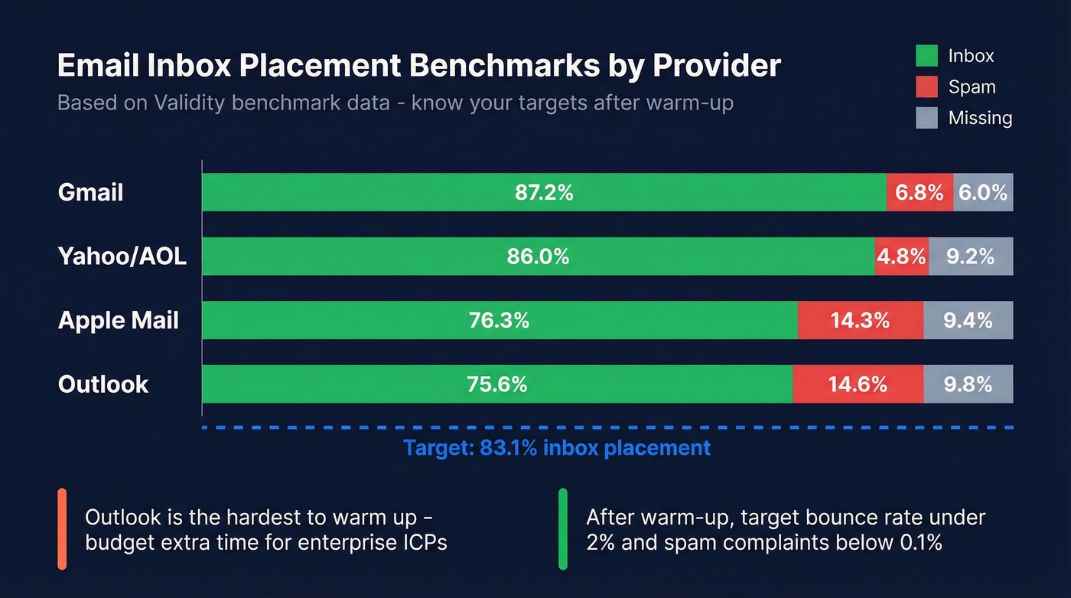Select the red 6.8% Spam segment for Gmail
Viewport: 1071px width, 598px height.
click(920, 192)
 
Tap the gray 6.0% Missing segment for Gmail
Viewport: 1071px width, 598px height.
click(983, 192)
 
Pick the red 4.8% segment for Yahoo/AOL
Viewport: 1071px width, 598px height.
click(901, 257)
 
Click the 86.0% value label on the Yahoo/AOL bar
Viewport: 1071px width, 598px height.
click(538, 257)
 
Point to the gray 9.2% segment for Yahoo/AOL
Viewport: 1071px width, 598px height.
click(970, 257)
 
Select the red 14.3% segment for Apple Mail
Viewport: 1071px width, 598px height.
click(860, 320)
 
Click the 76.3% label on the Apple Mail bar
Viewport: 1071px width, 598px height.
click(499, 320)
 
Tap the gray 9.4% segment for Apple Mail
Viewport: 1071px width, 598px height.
click(968, 320)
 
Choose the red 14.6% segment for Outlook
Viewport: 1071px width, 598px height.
click(858, 384)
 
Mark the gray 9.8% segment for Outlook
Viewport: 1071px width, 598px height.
click(968, 384)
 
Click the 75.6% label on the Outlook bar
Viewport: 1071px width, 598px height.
click(496, 384)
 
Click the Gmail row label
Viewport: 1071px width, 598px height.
click(90, 192)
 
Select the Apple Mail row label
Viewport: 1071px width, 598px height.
click(118, 320)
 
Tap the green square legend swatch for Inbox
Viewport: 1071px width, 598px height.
click(926, 56)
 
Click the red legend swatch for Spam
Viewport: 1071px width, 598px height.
click(926, 87)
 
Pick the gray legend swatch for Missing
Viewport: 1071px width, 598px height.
click(926, 118)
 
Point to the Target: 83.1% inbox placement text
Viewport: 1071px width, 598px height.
click(557, 447)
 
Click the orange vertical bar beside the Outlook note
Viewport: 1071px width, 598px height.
click(62, 529)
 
